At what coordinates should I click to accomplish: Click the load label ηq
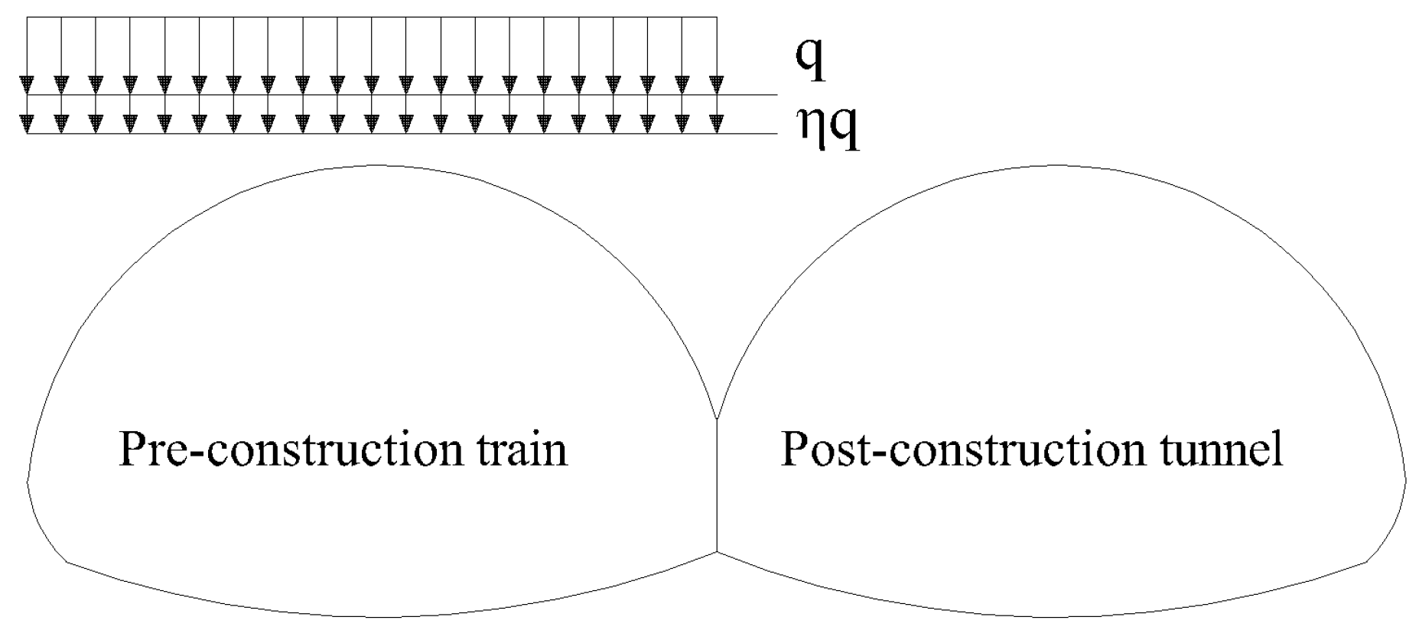point(828,130)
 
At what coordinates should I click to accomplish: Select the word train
point(519,450)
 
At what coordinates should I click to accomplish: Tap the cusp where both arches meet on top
point(717,419)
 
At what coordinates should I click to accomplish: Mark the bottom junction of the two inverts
point(717,551)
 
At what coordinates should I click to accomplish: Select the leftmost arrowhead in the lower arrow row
point(28,122)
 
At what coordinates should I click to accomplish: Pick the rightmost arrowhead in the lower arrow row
point(716,122)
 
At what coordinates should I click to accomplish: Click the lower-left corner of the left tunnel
point(68,563)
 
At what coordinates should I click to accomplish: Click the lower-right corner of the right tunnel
point(1366,563)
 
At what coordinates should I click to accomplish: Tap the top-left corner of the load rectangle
point(28,17)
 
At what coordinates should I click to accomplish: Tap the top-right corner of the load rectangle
point(716,17)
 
